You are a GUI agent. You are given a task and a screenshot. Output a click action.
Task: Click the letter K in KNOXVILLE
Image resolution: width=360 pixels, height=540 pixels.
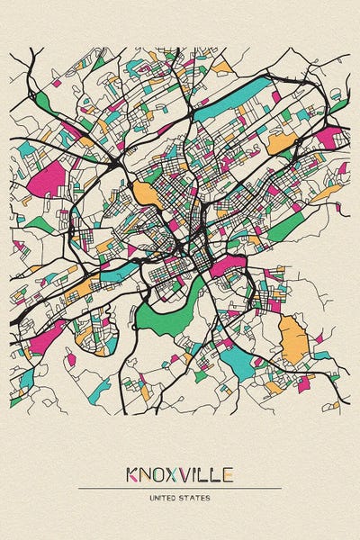click(132, 473)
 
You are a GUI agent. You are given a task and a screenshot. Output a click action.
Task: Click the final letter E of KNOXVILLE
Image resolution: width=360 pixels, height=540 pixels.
click(229, 473)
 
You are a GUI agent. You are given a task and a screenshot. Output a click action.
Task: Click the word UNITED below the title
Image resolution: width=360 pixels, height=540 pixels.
click(165, 497)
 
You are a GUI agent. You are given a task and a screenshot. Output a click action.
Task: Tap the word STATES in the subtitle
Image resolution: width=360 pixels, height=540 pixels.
click(196, 497)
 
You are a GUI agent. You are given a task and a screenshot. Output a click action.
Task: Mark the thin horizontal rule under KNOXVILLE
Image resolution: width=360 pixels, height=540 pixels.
click(180, 488)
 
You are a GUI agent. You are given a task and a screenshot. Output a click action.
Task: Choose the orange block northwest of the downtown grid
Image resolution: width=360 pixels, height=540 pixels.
click(144, 193)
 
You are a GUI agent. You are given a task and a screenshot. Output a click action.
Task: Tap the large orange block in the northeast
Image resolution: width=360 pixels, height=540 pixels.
click(281, 143)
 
